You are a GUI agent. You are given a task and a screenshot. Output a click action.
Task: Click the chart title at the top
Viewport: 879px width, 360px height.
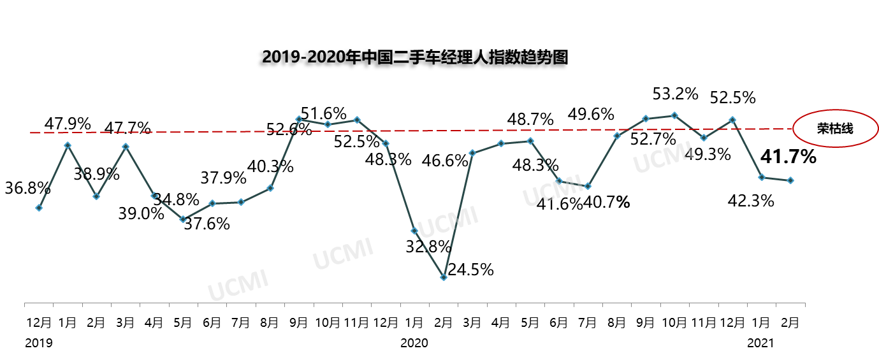pos(414,57)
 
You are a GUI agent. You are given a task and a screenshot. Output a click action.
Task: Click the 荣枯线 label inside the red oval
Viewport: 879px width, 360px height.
pos(835,129)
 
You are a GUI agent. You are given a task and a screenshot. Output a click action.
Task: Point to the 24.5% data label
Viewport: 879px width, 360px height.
pos(470,270)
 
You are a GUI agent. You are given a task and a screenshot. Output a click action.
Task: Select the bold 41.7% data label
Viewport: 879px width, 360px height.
pos(788,156)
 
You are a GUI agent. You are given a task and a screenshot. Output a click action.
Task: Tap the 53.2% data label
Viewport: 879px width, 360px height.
pos(675,94)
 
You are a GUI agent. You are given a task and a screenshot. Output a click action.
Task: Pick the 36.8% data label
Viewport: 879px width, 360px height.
pos(27,188)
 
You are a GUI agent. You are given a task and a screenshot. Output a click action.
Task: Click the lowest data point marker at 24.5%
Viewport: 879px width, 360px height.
pos(444,277)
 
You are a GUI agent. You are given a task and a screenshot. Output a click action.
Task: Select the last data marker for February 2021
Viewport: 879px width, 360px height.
pos(790,180)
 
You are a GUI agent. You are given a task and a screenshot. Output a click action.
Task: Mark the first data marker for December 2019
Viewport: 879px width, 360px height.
pos(39,208)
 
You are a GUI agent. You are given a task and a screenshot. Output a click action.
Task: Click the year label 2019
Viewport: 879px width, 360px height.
pos(39,343)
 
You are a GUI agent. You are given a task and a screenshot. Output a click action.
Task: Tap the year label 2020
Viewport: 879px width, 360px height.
pos(414,343)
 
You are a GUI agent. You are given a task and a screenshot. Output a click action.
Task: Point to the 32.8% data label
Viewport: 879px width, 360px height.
pos(428,246)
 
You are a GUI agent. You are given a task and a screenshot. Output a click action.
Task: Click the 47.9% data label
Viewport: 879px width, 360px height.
pos(68,124)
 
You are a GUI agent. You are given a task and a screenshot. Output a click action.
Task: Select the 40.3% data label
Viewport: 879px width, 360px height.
pos(270,167)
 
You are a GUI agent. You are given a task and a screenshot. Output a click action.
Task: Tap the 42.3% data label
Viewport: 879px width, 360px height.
pos(751,201)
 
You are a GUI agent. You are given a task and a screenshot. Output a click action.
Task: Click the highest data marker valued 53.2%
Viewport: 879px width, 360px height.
pos(674,115)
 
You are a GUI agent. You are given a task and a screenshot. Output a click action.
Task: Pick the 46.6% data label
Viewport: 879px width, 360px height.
pos(445,161)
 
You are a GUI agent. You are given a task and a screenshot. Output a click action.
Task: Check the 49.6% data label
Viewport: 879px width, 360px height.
pos(591,115)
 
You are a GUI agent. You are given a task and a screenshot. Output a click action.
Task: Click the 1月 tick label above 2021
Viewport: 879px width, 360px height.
pos(761,323)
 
